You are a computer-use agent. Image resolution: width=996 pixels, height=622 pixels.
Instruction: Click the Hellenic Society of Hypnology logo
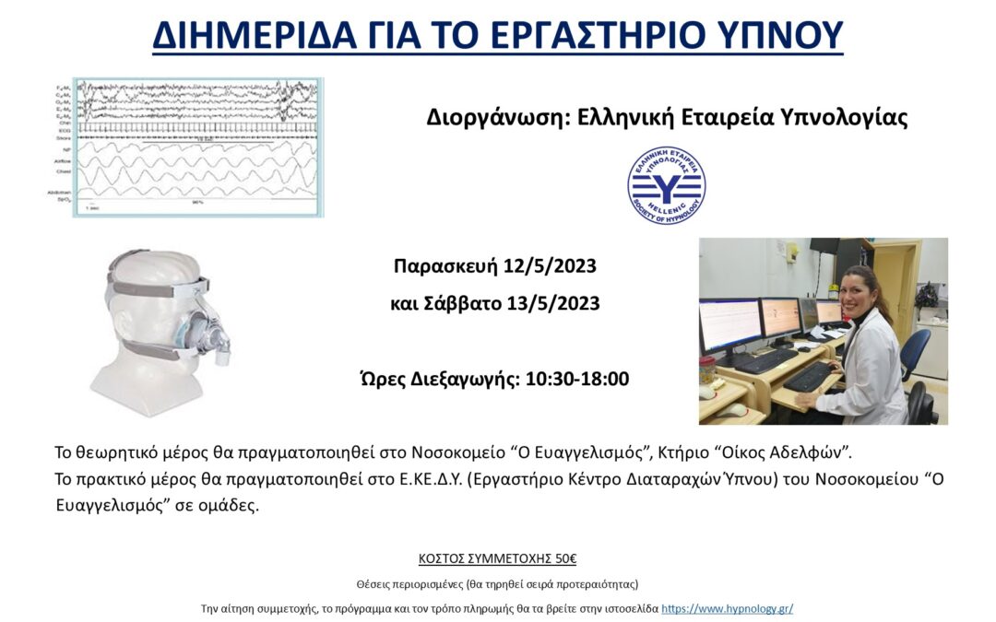(666, 185)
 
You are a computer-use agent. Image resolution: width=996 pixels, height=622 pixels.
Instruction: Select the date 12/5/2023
(550, 267)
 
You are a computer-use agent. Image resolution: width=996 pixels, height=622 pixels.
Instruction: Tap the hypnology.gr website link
(727, 608)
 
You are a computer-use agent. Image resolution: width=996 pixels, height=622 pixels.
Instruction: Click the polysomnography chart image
(198, 147)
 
